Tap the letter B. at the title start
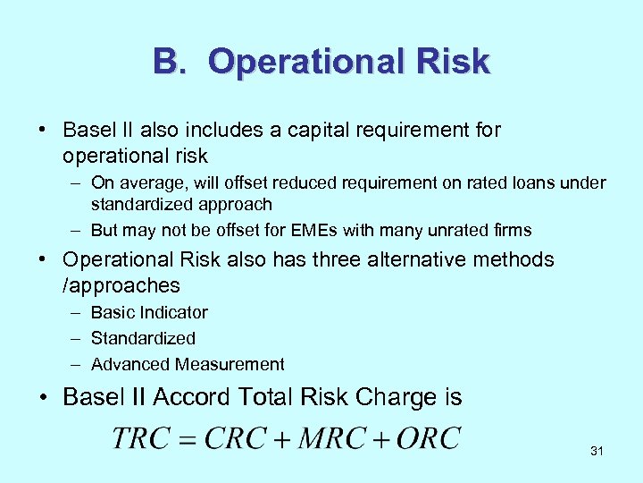click(172, 63)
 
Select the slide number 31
click(597, 452)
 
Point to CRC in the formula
click(236, 438)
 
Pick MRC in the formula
click(331, 438)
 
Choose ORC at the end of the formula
click(429, 438)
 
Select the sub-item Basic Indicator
click(149, 312)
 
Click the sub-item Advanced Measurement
click(188, 364)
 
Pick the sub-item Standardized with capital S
click(143, 338)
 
